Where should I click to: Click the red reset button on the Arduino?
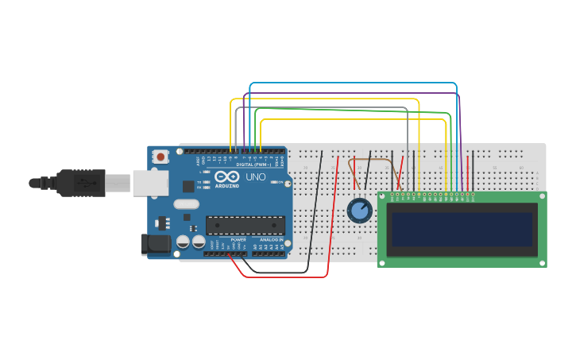[x=161, y=157]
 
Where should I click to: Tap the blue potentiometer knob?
[x=360, y=211]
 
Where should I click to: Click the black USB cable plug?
[x=79, y=183]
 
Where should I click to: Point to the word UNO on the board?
[x=256, y=177]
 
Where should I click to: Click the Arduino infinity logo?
[x=226, y=177]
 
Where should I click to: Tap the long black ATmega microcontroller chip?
[x=245, y=226]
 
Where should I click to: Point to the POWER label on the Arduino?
[x=238, y=239]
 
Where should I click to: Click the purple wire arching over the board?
[x=350, y=94]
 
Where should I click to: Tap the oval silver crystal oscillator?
[x=185, y=204]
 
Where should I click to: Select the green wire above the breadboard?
[x=350, y=112]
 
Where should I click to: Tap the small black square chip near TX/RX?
[x=187, y=186]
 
